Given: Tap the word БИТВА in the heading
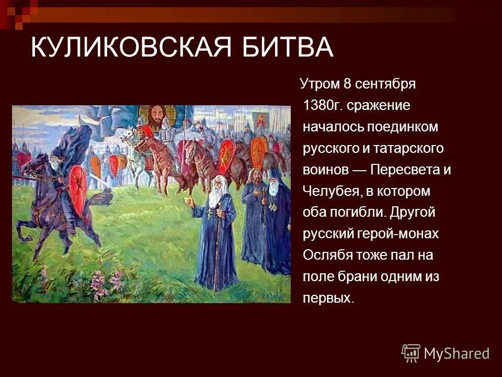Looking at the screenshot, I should pyautogui.click(x=283, y=48).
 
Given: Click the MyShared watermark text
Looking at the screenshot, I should pyautogui.click(x=457, y=353).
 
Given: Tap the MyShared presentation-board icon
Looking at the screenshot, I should pyautogui.click(x=411, y=353).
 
